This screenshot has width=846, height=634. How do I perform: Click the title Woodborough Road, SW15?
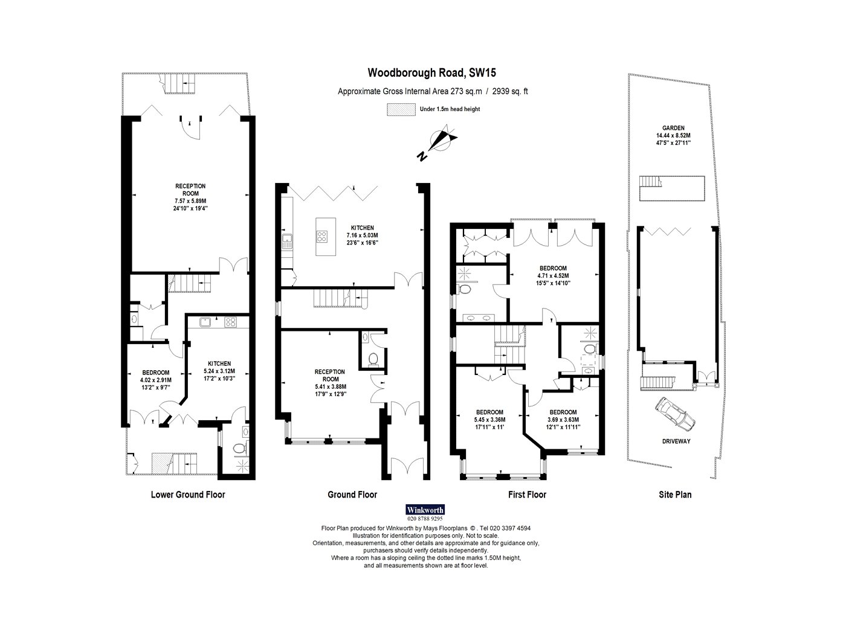pos(431,72)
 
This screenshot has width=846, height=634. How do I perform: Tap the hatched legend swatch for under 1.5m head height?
pos(401,109)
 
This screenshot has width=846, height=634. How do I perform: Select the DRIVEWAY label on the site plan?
pos(676,441)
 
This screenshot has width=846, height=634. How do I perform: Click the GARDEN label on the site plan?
pos(673,128)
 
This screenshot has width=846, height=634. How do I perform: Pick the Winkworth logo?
pos(425,510)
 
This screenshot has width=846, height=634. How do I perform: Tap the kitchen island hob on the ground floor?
pos(322,236)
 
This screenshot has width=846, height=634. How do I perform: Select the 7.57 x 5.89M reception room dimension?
pos(190,201)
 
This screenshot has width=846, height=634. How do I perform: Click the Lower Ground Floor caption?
pos(188,495)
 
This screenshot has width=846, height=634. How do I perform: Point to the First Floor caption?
pos(527,495)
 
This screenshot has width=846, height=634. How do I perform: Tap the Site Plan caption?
pos(675,495)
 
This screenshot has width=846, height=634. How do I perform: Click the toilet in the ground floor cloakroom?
pos(372,359)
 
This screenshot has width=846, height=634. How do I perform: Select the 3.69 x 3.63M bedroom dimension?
pos(563,420)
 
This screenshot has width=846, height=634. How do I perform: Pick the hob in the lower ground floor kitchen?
pos(230,322)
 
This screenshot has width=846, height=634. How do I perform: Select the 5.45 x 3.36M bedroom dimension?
pos(489,420)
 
